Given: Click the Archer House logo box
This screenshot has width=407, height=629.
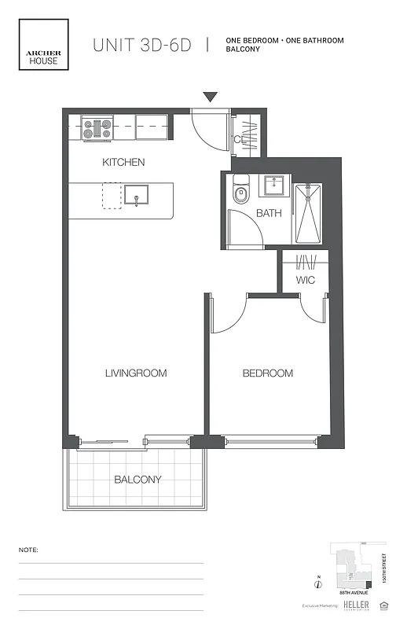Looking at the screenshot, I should (x=43, y=48).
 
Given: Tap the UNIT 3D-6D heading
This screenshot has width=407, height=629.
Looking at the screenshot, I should (x=143, y=45).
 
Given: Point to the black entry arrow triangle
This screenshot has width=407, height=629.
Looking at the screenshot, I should (x=210, y=97).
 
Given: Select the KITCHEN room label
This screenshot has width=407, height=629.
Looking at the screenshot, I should (x=123, y=163).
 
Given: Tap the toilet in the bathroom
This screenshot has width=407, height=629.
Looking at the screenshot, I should (x=241, y=193).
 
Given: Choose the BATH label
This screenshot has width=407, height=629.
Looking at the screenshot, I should (x=269, y=213).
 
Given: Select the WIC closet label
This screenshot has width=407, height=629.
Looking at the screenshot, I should (x=306, y=280).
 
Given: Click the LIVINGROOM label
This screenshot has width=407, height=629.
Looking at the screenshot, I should (x=136, y=373).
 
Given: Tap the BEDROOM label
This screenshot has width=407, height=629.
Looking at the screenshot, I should (x=267, y=373).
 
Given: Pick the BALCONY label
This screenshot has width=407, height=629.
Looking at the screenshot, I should (x=137, y=480).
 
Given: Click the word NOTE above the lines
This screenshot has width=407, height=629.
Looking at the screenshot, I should (x=28, y=550).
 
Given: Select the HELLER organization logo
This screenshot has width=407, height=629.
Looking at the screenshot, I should (x=357, y=605).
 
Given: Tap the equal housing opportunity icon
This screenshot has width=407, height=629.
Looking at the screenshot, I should (x=384, y=605).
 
